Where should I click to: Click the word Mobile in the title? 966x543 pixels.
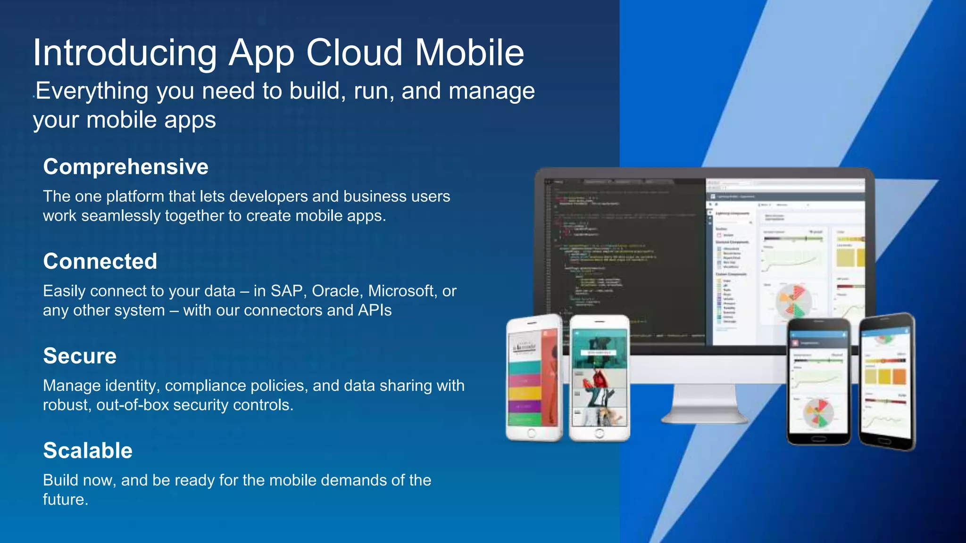coord(469,53)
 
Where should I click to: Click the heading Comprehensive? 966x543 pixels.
coord(125,167)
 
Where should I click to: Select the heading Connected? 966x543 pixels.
coord(100,262)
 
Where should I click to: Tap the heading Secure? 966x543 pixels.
coord(80,356)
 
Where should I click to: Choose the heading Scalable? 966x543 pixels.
coord(88,451)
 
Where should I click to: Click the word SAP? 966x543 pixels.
coord(287,291)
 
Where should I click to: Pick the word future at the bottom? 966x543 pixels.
coord(64,500)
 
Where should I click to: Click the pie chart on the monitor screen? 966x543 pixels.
coord(794,301)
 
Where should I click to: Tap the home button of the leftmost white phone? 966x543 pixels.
coord(532,433)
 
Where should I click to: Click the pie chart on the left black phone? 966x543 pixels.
coord(818,413)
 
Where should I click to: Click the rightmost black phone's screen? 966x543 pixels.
coord(886,382)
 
